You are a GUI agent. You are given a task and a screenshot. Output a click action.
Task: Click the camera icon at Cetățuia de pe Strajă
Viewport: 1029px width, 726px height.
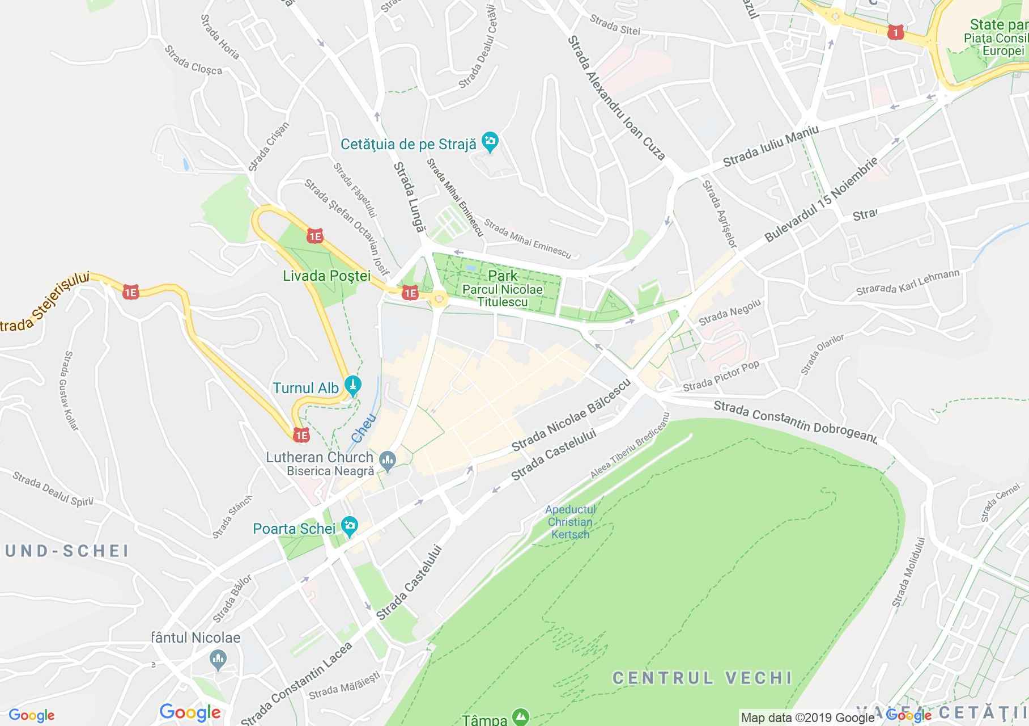(x=490, y=141)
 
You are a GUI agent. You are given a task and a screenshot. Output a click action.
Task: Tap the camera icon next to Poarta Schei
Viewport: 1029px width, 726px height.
(x=350, y=527)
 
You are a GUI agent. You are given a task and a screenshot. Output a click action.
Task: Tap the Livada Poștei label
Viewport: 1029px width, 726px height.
(x=326, y=276)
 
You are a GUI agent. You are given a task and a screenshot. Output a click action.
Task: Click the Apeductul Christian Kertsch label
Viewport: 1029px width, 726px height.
(x=570, y=522)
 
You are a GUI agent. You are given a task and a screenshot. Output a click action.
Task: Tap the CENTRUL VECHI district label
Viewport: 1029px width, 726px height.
(x=702, y=678)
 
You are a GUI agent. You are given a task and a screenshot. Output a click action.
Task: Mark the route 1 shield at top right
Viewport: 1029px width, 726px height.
(x=895, y=32)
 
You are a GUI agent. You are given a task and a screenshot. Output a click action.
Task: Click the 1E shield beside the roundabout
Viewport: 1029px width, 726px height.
(x=410, y=293)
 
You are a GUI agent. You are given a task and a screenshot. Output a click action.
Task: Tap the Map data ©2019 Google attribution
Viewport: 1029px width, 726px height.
(x=807, y=718)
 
